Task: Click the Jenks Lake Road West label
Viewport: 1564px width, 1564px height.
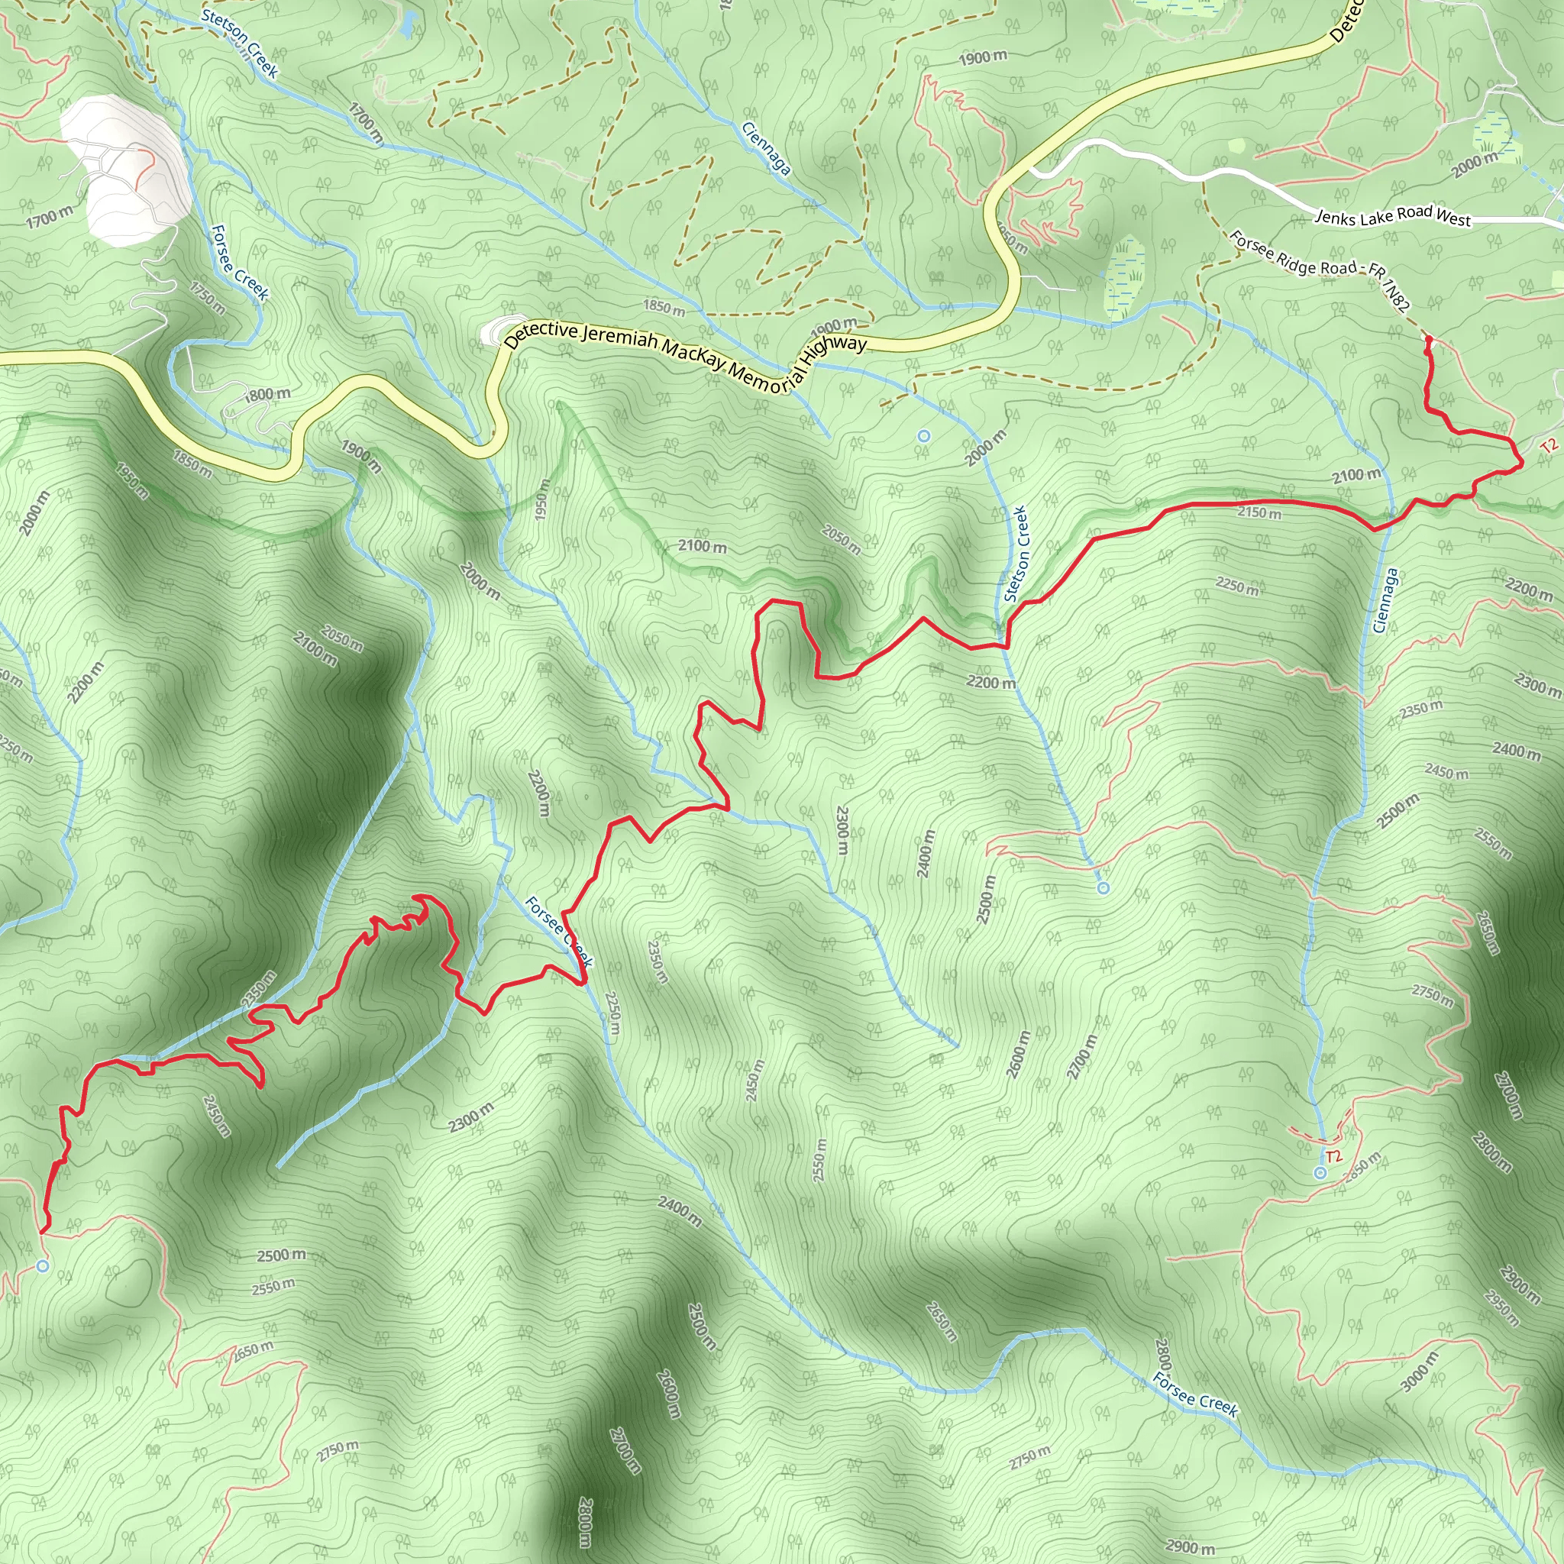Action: coord(1392,216)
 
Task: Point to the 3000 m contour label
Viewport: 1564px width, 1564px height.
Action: coord(1420,1371)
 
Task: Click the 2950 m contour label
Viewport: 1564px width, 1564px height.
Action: coord(1501,1307)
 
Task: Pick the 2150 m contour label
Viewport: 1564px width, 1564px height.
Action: coord(1259,512)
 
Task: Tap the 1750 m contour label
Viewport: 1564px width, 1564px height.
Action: coord(208,297)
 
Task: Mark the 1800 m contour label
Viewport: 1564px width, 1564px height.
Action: coord(267,395)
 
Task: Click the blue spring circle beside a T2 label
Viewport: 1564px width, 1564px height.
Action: coord(1320,1173)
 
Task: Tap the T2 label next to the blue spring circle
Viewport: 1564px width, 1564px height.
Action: coord(1333,1156)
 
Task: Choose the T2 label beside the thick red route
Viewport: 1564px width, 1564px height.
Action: coord(1549,446)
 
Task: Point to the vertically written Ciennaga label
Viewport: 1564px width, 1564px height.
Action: coord(1385,599)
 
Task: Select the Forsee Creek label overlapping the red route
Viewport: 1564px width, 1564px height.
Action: coord(559,931)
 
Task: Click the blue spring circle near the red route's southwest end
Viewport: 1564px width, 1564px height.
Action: coord(43,1265)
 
